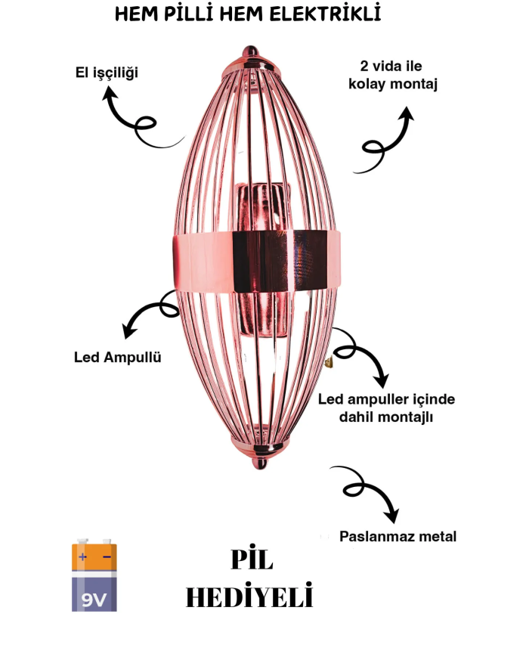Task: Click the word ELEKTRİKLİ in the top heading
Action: tap(332, 14)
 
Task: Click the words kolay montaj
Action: tap(393, 84)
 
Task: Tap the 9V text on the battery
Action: tap(94, 599)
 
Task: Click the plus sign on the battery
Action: tap(82, 557)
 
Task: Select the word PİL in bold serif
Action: tap(251, 560)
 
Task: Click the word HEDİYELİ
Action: tap(249, 597)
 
